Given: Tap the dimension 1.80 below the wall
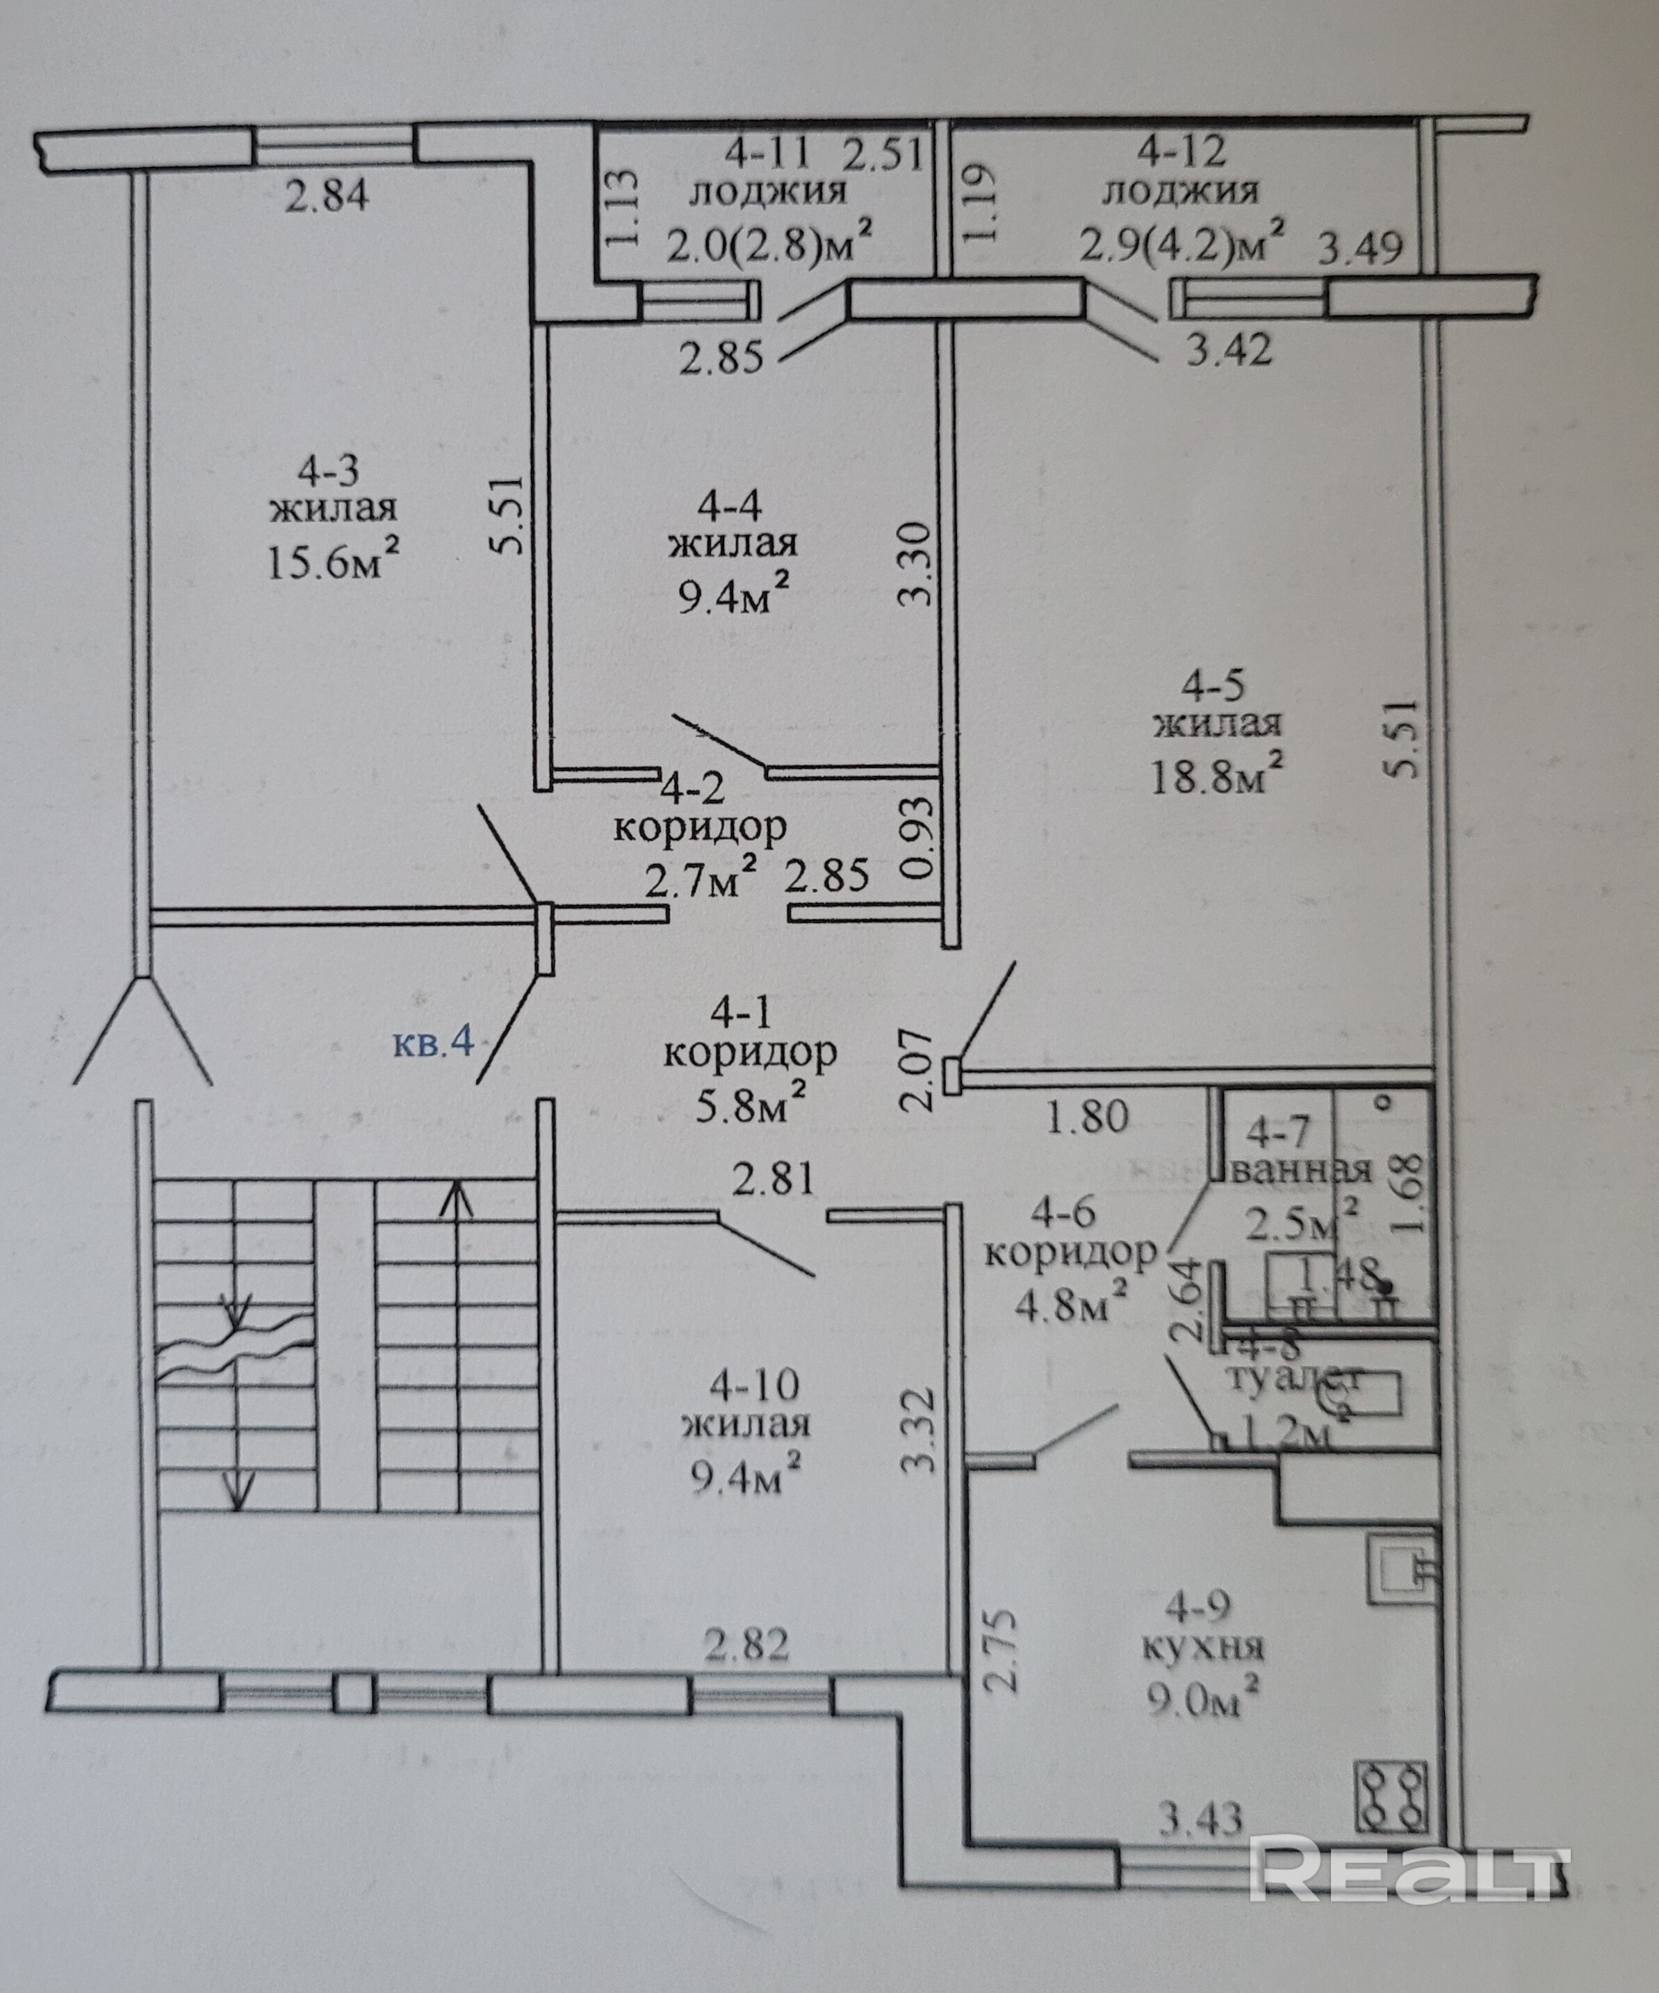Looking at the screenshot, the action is point(1088,1116).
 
